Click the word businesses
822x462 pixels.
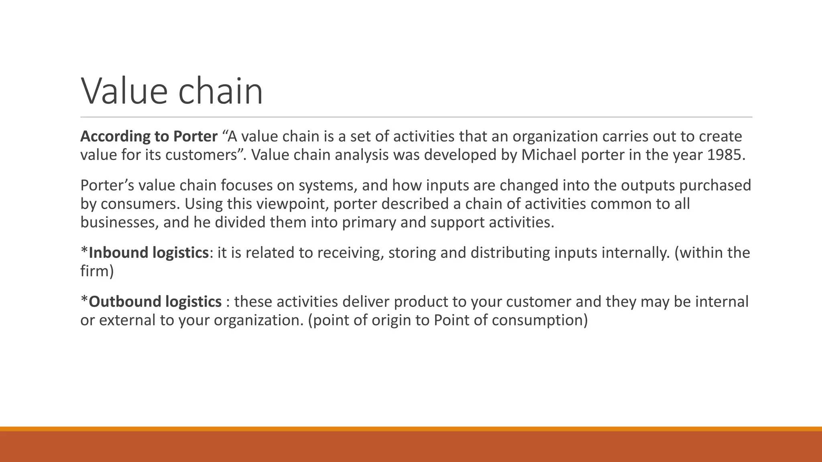[120, 223]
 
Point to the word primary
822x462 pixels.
[369, 223]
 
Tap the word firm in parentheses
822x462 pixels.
[95, 272]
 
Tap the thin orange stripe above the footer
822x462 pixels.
[411, 429]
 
